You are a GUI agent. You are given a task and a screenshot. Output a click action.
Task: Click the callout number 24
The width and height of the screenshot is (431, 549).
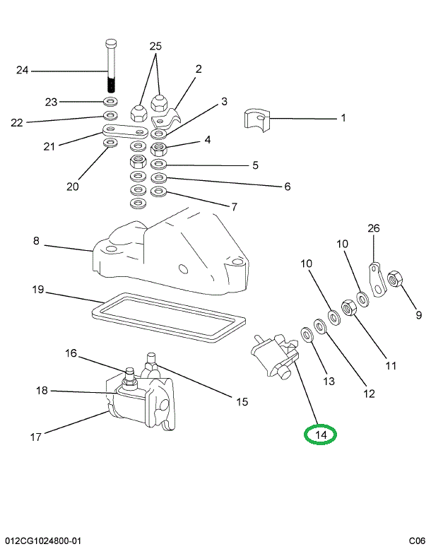pos(23,70)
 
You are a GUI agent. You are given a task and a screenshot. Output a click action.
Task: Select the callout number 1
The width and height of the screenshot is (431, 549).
pos(343,118)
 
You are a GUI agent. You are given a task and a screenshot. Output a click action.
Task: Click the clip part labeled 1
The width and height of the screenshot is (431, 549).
pos(257,118)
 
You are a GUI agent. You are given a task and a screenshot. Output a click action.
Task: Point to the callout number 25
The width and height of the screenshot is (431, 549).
pos(155,47)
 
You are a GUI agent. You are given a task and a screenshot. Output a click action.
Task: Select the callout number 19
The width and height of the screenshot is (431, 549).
pos(38,290)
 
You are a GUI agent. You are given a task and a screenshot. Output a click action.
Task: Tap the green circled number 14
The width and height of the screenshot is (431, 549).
pos(321,435)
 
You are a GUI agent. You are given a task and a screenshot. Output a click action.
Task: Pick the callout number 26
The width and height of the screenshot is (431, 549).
pos(374,228)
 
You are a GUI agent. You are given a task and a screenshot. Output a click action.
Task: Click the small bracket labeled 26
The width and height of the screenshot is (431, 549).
pos(377,279)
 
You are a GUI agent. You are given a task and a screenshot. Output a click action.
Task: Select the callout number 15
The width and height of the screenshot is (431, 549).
pos(242,402)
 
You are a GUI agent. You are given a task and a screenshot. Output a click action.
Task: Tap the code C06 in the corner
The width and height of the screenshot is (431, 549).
pos(415,541)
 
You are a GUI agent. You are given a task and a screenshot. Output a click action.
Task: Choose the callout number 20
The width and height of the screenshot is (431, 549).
pos(72,187)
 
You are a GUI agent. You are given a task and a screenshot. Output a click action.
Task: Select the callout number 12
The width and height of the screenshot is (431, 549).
pos(368,393)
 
